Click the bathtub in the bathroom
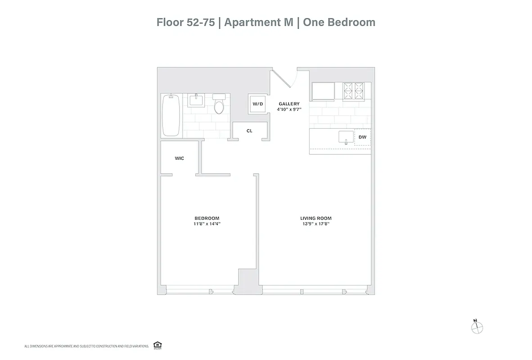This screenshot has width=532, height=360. [x=171, y=115]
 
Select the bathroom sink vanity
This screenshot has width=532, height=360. [x=196, y=99]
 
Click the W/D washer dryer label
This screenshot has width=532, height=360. [x=257, y=104]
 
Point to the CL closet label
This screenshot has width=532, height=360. [x=249, y=131]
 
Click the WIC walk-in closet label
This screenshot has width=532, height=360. [x=179, y=158]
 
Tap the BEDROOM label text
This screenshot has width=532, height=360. [x=207, y=218]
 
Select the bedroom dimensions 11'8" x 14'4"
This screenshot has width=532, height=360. [x=207, y=224]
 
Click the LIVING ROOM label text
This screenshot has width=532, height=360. [x=316, y=218]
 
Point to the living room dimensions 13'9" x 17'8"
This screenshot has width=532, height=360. [x=316, y=224]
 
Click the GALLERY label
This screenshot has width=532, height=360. [x=289, y=104]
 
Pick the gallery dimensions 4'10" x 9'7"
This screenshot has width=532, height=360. [x=289, y=109]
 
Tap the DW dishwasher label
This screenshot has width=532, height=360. [x=362, y=137]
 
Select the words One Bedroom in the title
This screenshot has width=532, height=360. [x=339, y=22]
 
